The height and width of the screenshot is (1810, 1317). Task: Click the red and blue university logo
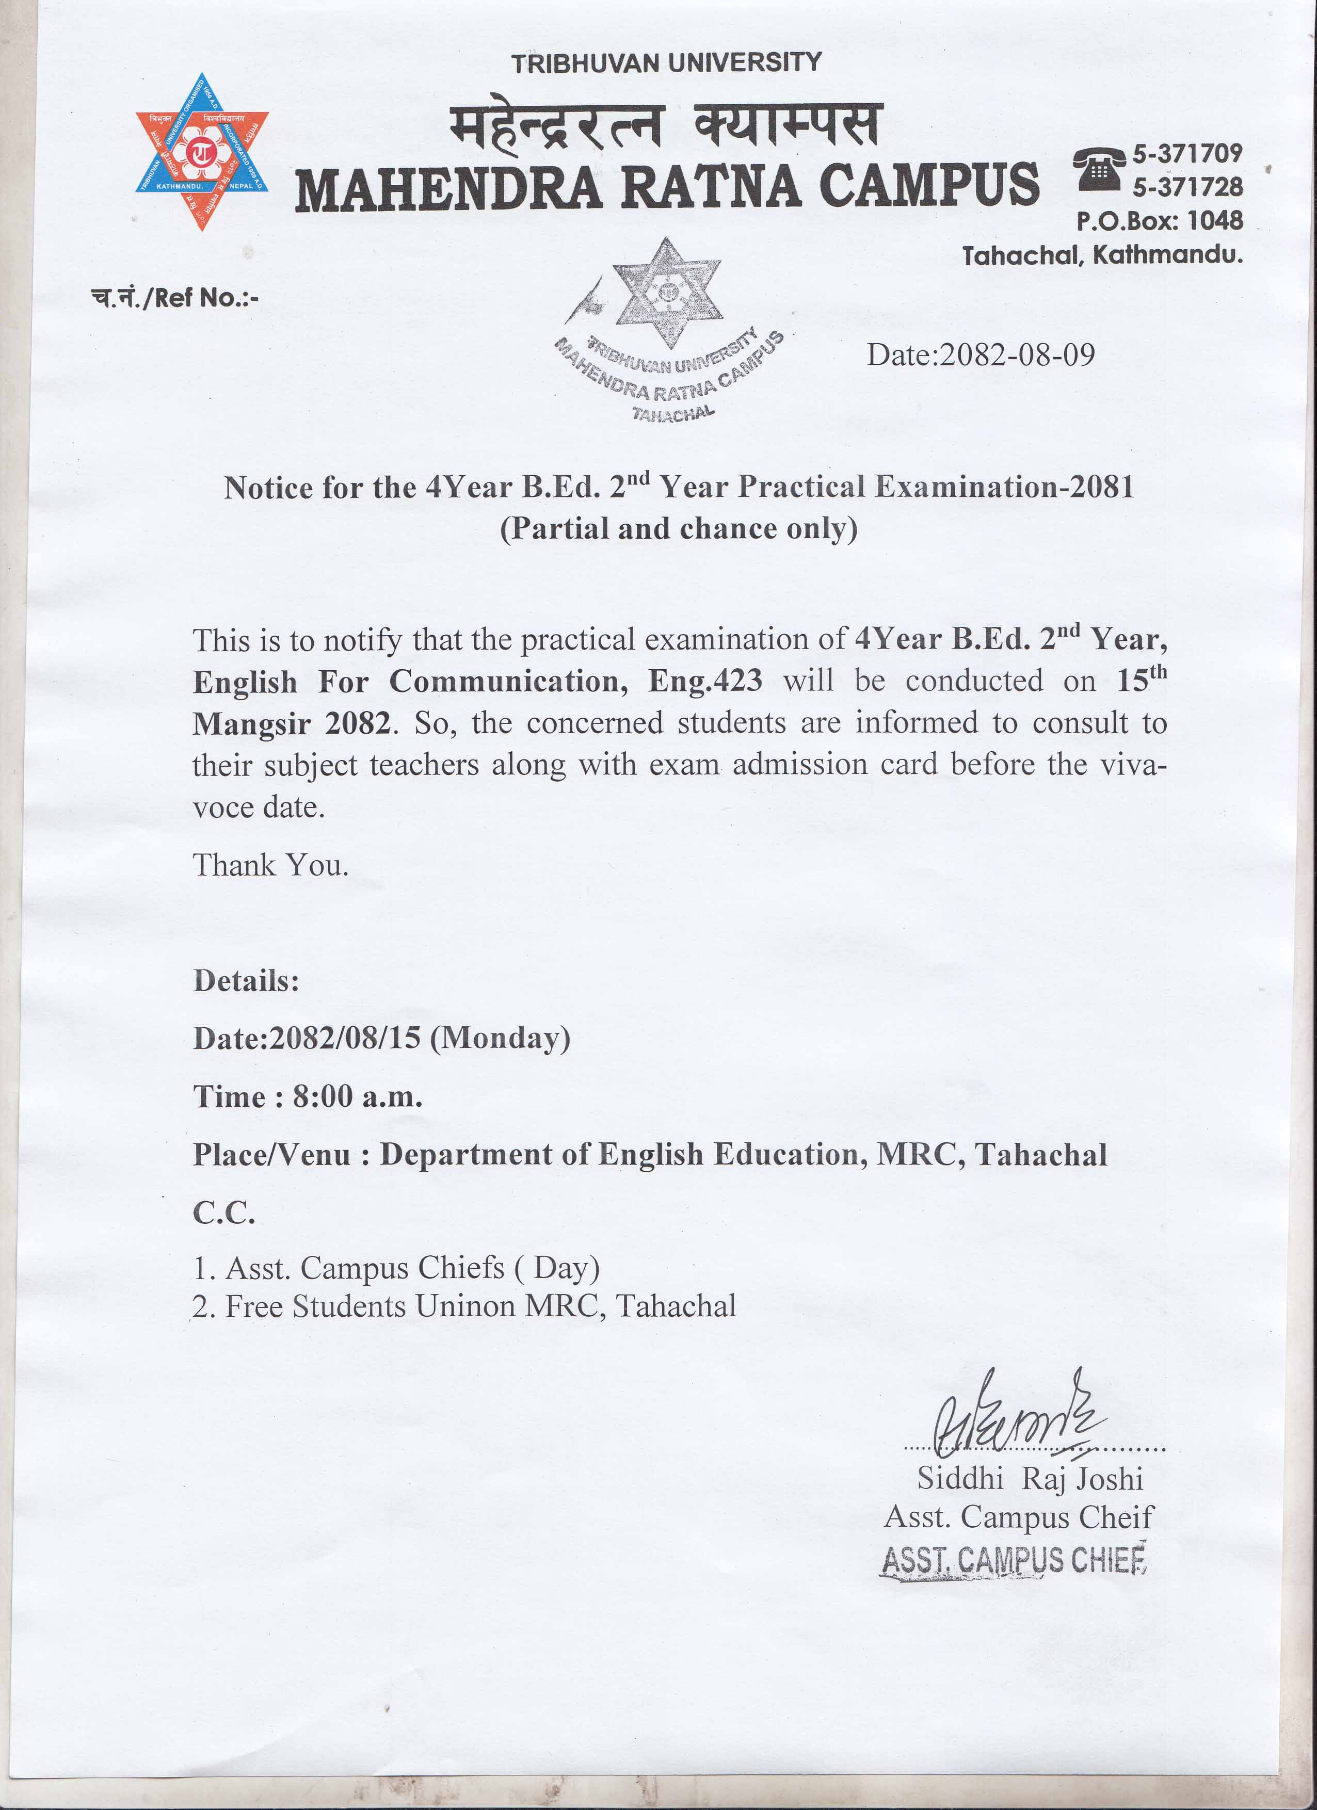coord(201,152)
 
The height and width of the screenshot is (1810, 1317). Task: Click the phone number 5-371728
coord(1187,187)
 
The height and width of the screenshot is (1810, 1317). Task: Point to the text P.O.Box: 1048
coord(1159,220)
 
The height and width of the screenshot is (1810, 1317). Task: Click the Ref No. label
coord(175,298)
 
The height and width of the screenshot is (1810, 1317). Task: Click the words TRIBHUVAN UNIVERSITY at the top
coord(666,63)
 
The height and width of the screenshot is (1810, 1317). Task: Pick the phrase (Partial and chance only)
coord(679,529)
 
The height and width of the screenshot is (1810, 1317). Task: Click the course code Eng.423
coord(704,681)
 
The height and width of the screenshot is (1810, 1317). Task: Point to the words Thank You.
coord(270,865)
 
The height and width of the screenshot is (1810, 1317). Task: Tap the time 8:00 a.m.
coord(357,1096)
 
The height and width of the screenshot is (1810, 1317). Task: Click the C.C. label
coord(224,1213)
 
